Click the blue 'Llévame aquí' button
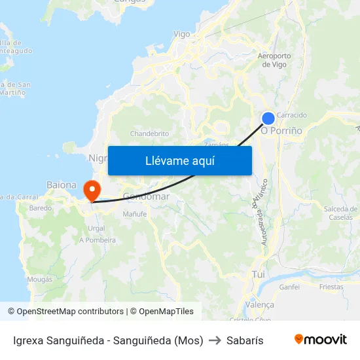(x=179, y=160)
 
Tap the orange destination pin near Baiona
(x=92, y=190)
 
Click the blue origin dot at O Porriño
(x=268, y=118)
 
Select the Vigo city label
(x=181, y=34)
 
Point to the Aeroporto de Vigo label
(x=274, y=60)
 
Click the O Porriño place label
(x=281, y=131)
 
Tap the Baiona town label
(x=62, y=185)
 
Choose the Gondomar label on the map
(x=147, y=196)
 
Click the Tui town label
(x=258, y=275)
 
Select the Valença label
(x=259, y=305)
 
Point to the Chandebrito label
(x=150, y=134)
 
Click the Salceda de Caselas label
(x=340, y=213)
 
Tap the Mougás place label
(x=40, y=279)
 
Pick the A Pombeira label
(x=98, y=240)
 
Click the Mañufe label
(x=135, y=213)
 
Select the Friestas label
(x=331, y=287)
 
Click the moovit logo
(x=320, y=340)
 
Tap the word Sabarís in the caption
(x=245, y=340)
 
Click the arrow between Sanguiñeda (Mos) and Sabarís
(x=215, y=340)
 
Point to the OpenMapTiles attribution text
(x=162, y=312)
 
